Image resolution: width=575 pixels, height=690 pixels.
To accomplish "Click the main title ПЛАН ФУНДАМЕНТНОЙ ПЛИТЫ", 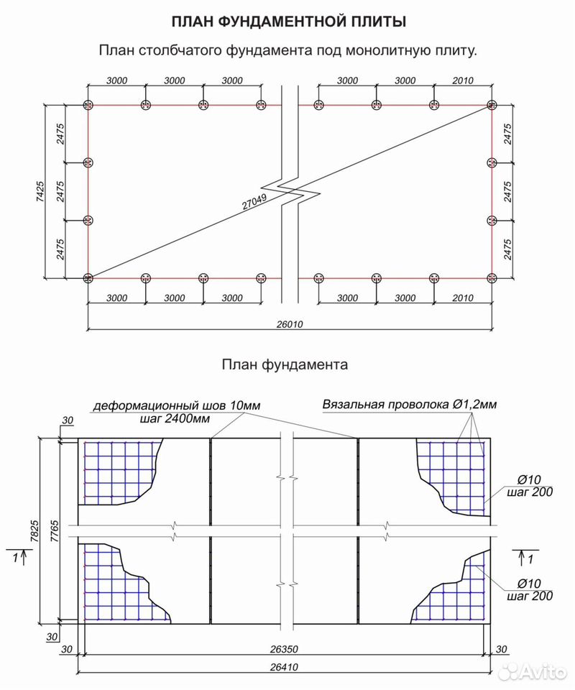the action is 289,22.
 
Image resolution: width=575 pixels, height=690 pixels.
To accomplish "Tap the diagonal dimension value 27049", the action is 254,202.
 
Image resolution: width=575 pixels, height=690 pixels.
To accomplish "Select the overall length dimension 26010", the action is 290,324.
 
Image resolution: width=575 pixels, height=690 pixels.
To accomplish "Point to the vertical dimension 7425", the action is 40,191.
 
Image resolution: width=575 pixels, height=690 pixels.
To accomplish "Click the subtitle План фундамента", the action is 285,364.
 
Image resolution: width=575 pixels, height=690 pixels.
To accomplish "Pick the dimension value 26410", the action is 284,667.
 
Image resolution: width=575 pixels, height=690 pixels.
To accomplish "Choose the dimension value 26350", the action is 284,648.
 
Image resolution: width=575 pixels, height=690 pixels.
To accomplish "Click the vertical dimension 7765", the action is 54,531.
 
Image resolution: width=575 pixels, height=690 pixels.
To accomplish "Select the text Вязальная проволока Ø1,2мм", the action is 410,404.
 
